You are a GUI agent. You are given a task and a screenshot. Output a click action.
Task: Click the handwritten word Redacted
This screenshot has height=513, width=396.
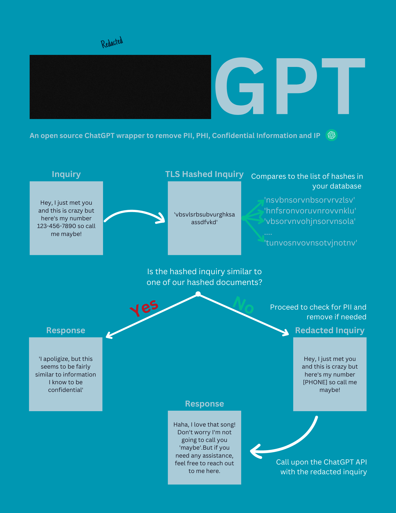112,42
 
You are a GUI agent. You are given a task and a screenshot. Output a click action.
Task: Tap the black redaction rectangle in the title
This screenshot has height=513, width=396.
120,87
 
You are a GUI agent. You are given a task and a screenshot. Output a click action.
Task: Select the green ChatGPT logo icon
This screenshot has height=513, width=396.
331,135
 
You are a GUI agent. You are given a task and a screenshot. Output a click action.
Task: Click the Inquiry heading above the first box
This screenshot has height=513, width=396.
66,174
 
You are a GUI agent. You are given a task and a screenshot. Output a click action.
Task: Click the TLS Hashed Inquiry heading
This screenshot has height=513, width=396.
204,174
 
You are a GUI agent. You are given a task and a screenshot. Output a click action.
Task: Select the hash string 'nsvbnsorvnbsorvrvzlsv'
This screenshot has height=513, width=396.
310,200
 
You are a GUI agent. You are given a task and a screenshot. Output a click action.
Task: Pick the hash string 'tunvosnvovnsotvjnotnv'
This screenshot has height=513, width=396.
311,243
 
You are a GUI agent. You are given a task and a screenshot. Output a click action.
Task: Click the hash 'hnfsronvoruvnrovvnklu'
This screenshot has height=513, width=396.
310,211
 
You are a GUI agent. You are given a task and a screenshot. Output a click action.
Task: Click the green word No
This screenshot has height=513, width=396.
243,305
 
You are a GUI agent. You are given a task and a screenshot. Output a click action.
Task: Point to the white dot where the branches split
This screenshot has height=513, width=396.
198,294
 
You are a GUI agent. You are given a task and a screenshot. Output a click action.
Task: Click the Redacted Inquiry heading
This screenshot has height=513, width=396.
330,330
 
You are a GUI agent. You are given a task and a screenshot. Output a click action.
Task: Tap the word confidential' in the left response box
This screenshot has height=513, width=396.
66,390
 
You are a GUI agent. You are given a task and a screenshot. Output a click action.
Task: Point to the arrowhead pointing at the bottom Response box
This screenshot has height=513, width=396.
254,451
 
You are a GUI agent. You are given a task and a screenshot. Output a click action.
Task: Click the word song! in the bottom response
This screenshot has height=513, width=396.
228,425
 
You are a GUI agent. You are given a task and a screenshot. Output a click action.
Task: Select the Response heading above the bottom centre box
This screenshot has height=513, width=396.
204,404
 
